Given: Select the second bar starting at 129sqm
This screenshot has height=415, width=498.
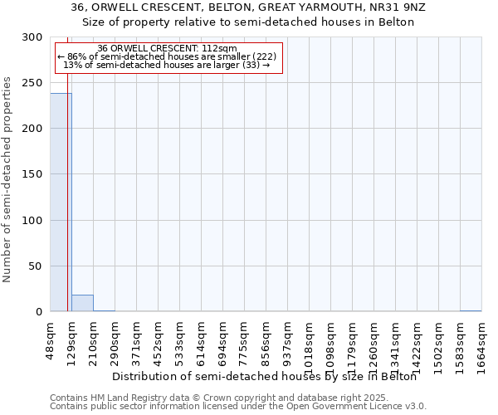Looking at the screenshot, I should pos(82,303).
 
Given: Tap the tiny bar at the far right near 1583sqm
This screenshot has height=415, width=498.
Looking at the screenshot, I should pos(471,310).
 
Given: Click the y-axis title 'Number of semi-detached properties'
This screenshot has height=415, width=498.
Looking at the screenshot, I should pos(7,179).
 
